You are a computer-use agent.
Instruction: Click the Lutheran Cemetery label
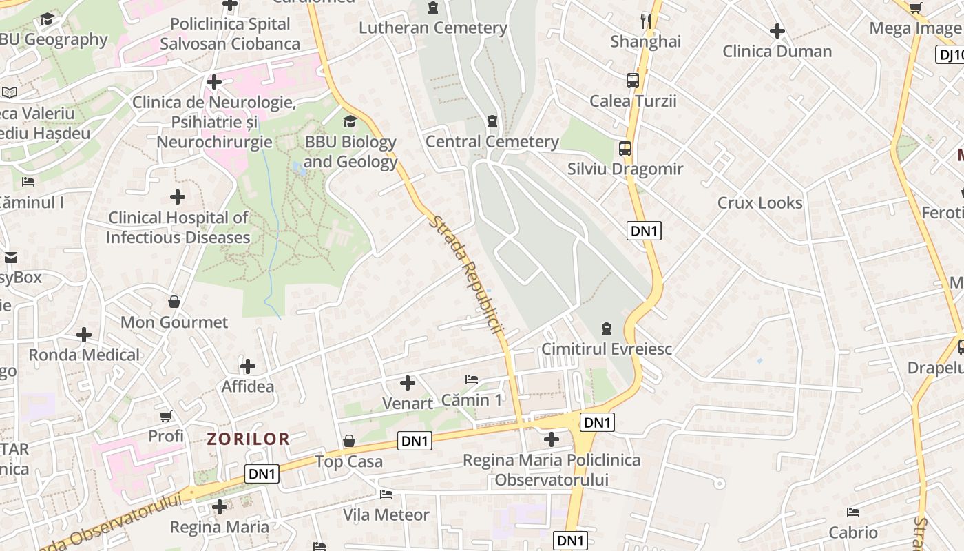(433, 28)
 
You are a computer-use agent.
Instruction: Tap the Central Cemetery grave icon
(492, 121)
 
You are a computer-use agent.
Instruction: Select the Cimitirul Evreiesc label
(607, 349)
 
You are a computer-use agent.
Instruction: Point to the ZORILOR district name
(249, 439)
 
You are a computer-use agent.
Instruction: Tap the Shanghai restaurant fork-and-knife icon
(646, 21)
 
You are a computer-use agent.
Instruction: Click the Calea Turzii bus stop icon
(633, 80)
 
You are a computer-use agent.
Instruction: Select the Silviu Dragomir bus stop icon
(625, 148)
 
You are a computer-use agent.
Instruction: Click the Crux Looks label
(760, 203)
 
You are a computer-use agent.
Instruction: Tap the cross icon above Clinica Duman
(777, 31)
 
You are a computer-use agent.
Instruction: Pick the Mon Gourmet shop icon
(174, 302)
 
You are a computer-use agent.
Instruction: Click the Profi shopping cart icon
(165, 416)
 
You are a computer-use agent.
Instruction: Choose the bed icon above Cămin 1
(472, 380)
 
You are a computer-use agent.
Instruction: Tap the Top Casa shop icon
(349, 441)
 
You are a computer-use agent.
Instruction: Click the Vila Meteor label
(386, 514)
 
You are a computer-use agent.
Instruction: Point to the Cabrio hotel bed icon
(853, 512)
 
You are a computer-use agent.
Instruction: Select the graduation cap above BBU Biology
(350, 122)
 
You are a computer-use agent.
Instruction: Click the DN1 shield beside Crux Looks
(645, 231)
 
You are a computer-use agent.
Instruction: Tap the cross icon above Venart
(408, 382)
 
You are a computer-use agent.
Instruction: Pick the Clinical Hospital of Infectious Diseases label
(178, 228)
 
